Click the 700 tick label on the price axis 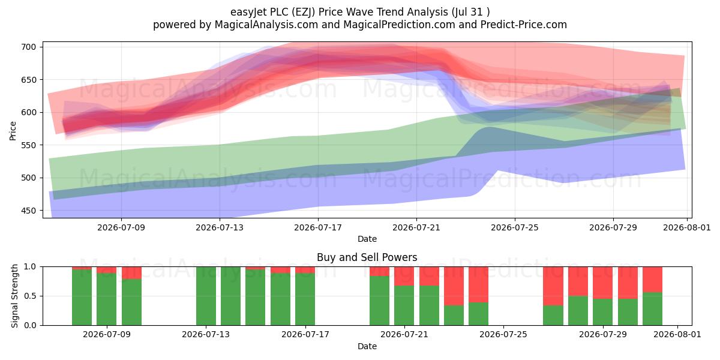[28, 47]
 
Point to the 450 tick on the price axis [28, 211]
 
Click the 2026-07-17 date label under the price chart [318, 227]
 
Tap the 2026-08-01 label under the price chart [687, 227]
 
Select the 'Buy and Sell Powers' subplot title [367, 257]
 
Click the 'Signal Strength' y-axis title [14, 296]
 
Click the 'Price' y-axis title [13, 131]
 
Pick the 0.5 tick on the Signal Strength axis [30, 296]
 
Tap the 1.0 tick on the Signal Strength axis [30, 267]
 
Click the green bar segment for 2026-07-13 [206, 296]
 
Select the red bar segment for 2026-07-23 [454, 286]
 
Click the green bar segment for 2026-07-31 [653, 309]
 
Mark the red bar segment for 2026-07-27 [553, 286]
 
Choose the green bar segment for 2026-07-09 [106, 299]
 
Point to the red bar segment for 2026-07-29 [602, 283]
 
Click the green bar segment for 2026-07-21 [404, 305]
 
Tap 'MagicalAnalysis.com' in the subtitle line [266, 25]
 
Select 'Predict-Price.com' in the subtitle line [524, 25]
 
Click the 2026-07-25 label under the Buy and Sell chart [503, 335]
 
